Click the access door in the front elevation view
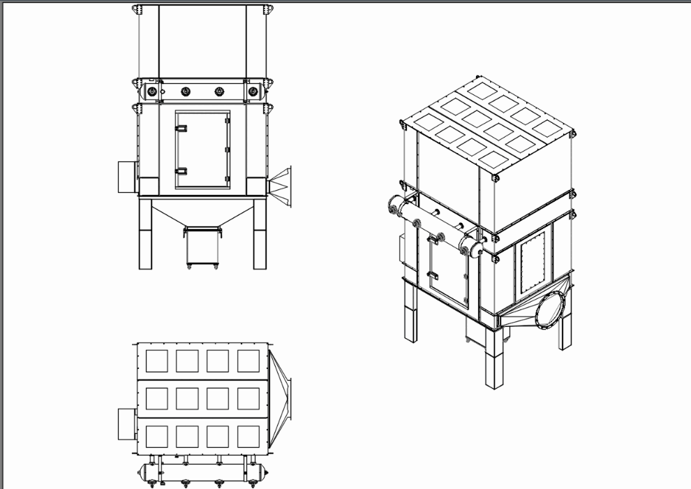pyautogui.click(x=202, y=149)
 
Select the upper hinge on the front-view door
pyautogui.click(x=181, y=129)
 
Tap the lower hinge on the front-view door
pyautogui.click(x=181, y=171)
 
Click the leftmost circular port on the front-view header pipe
pyautogui.click(x=152, y=92)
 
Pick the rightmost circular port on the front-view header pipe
pyautogui.click(x=252, y=91)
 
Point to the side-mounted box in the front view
pyautogui.click(x=126, y=177)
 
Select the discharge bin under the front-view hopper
pyautogui.click(x=202, y=246)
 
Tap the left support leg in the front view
pyautogui.click(x=146, y=234)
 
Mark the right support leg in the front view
pyautogui.click(x=260, y=234)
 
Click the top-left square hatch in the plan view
pyautogui.click(x=156, y=360)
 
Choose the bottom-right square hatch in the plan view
pyautogui.click(x=248, y=437)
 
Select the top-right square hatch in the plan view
pyautogui.click(x=248, y=360)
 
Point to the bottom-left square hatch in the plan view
pyautogui.click(x=156, y=437)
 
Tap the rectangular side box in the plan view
pyautogui.click(x=126, y=424)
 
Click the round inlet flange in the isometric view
pyautogui.click(x=551, y=308)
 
